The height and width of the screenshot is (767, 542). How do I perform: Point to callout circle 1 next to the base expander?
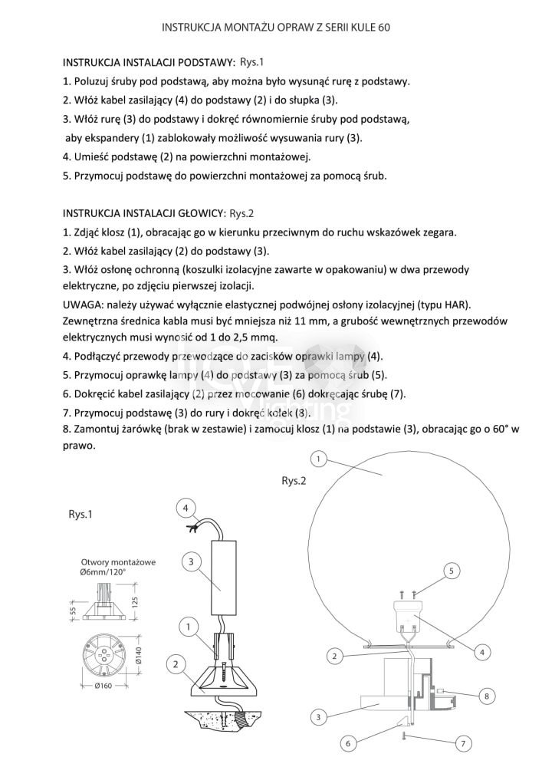pyautogui.click(x=187, y=627)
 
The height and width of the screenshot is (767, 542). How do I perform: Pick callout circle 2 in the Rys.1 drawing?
pyautogui.click(x=176, y=663)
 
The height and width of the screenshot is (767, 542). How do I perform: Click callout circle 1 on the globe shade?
pyautogui.click(x=319, y=459)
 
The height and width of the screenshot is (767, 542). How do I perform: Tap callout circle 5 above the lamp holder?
pyautogui.click(x=452, y=571)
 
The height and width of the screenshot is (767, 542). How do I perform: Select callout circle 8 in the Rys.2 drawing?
pyautogui.click(x=485, y=696)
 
